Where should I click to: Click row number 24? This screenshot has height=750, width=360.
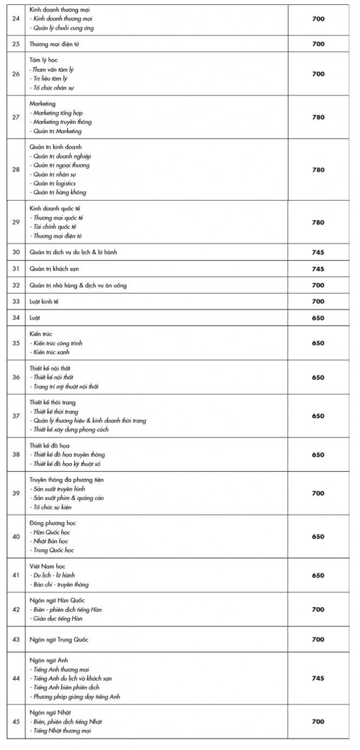click(16, 19)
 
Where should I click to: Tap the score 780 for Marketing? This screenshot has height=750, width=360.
click(318, 117)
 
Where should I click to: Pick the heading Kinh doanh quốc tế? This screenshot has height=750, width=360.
click(55, 209)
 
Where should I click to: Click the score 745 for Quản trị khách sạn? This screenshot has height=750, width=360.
click(318, 269)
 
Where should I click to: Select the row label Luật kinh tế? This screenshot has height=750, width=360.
click(46, 302)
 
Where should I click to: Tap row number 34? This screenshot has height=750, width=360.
click(16, 318)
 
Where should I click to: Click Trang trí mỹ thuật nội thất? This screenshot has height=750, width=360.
click(65, 386)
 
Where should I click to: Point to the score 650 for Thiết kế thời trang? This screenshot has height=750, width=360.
click(318, 416)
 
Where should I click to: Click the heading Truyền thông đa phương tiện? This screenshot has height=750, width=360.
click(67, 480)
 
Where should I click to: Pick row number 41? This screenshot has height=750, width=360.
click(16, 575)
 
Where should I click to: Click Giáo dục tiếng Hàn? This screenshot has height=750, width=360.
click(59, 619)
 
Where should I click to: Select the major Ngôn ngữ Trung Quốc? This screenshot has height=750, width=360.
click(59, 639)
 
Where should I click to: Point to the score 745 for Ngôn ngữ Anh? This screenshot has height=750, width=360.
click(318, 679)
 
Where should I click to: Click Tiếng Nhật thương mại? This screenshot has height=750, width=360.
click(62, 730)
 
